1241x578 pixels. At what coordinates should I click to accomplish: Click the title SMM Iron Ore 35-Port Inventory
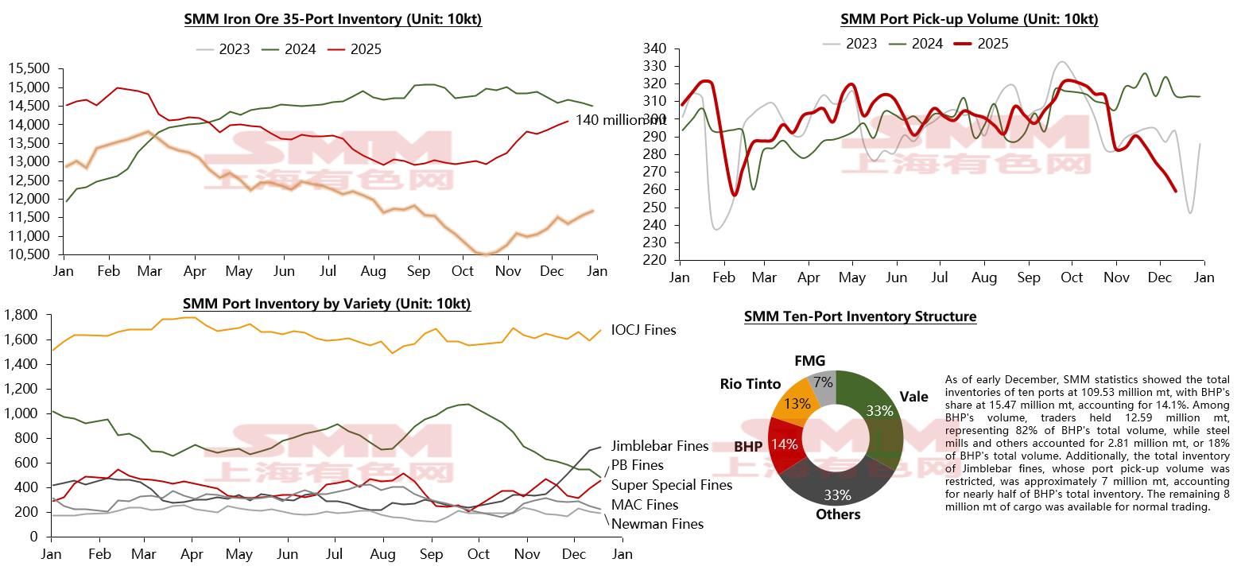[333, 20]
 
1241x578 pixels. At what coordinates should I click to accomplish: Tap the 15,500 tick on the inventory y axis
[29, 68]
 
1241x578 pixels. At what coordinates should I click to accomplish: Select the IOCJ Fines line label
[643, 330]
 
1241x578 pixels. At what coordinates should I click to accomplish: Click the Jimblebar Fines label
[659, 446]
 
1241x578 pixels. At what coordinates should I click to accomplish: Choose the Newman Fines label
[657, 524]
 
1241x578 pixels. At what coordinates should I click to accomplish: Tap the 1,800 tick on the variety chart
[21, 316]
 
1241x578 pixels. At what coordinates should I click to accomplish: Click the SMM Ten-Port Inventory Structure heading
[860, 316]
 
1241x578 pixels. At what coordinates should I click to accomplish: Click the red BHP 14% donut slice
[785, 444]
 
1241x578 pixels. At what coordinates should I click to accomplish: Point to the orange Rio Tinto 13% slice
[797, 405]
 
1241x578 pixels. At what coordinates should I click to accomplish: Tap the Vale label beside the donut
[913, 397]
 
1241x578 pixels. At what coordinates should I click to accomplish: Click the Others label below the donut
[838, 514]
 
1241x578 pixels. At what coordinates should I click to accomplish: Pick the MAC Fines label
[645, 505]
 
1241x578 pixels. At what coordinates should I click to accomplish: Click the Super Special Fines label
[672, 485]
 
